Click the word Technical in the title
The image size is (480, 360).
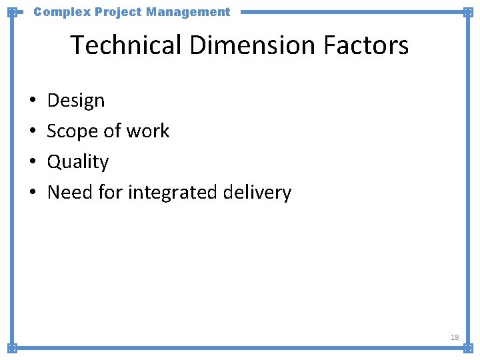coord(126,45)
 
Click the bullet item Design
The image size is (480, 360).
coord(76,101)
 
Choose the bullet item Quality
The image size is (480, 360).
coord(78,162)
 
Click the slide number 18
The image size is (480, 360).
coord(455,337)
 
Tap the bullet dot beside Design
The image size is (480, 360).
coord(33,101)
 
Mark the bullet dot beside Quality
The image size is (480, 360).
coord(33,163)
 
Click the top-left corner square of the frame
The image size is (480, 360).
coord(12,12)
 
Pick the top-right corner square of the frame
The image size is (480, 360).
coord(468,12)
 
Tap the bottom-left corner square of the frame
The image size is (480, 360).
coord(12,348)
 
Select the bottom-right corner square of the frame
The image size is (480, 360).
coord(468,348)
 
